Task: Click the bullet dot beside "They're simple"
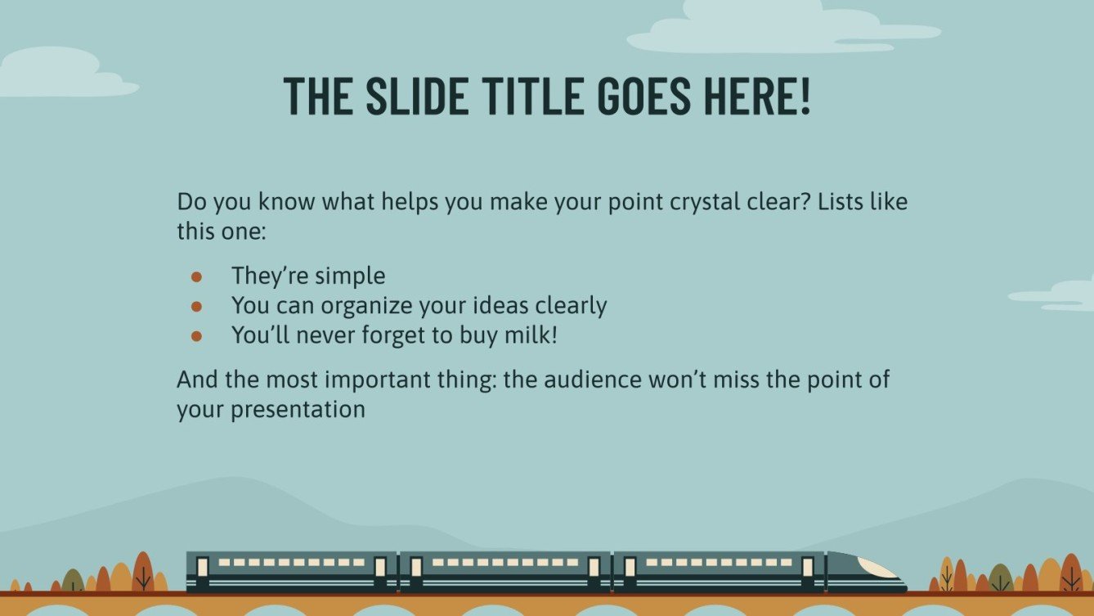(x=196, y=277)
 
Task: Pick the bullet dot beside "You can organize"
(x=196, y=306)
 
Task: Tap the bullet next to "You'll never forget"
(x=196, y=336)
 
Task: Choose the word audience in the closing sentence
(x=593, y=380)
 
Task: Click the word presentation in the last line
(x=298, y=409)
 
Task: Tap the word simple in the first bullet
(x=350, y=277)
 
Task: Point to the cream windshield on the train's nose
(x=877, y=568)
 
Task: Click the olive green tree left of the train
(x=74, y=580)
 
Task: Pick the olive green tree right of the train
(x=1001, y=578)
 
